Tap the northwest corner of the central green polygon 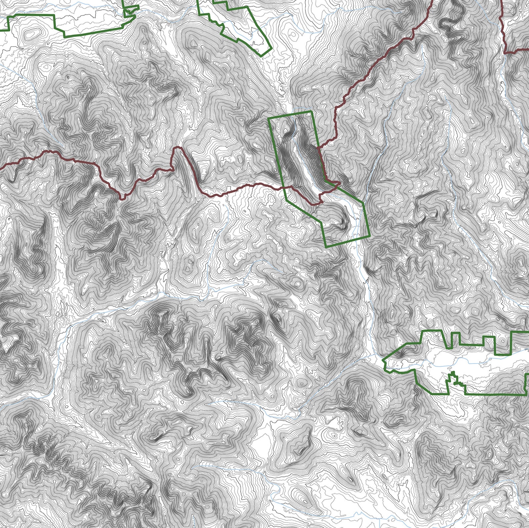pyautogui.click(x=269, y=118)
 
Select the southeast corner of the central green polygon pyautogui.click(x=369, y=236)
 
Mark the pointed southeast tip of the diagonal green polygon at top pyautogui.click(x=263, y=56)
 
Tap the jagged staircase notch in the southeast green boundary pyautogui.click(x=455, y=376)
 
